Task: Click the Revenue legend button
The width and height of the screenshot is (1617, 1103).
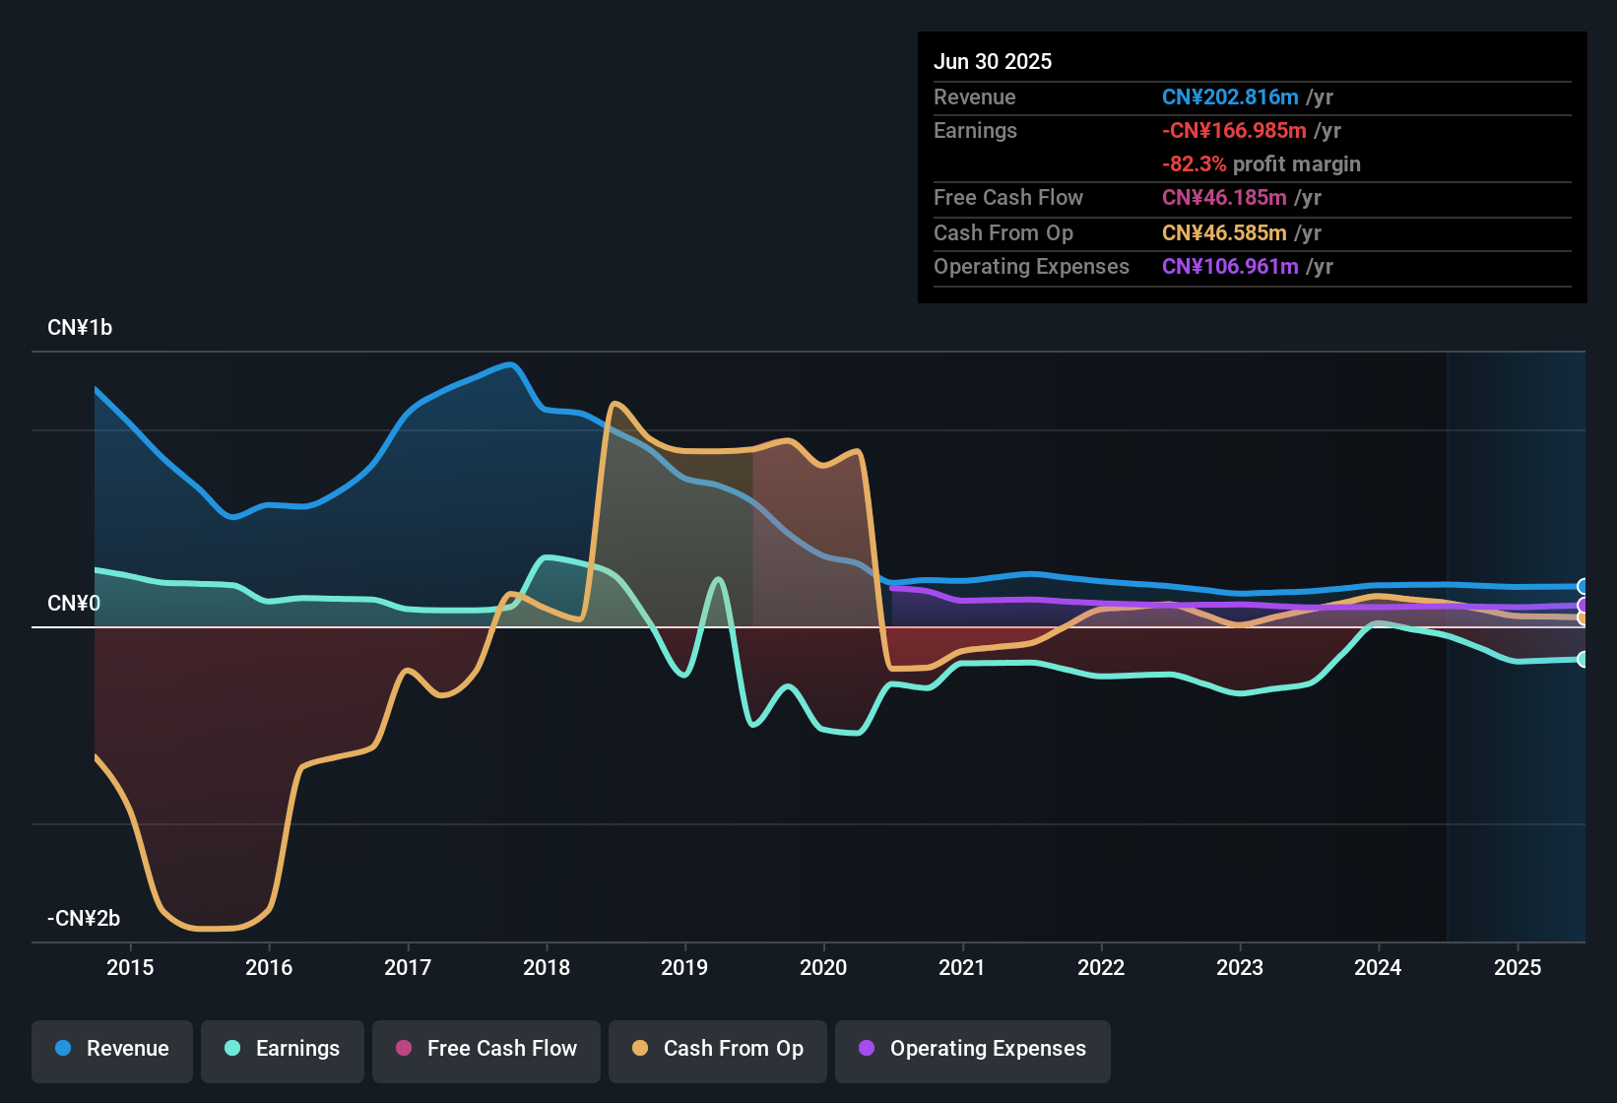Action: pyautogui.click(x=112, y=1049)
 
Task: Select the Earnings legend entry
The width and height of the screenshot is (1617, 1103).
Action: pyautogui.click(x=283, y=1049)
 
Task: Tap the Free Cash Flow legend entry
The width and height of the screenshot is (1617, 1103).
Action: pyautogui.click(x=486, y=1049)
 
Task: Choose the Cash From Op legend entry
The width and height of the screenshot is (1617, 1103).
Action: pyautogui.click(x=718, y=1049)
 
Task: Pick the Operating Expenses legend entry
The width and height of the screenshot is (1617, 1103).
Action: pyautogui.click(x=973, y=1049)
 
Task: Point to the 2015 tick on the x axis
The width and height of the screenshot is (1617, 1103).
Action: pyautogui.click(x=130, y=967)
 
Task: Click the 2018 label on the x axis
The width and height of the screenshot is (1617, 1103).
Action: pyautogui.click(x=547, y=967)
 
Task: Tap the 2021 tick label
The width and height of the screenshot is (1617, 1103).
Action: pyautogui.click(x=962, y=967)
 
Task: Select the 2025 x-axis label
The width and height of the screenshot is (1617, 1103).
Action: pyautogui.click(x=1518, y=967)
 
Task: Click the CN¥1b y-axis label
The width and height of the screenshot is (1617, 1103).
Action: pyautogui.click(x=80, y=328)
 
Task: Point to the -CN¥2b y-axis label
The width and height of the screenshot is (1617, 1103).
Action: pyautogui.click(x=84, y=919)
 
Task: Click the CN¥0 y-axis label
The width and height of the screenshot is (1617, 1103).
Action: pyautogui.click(x=74, y=604)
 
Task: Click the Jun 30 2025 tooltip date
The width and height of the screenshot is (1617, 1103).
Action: pyautogui.click(x=993, y=61)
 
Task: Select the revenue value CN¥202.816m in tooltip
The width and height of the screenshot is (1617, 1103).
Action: pyautogui.click(x=1230, y=97)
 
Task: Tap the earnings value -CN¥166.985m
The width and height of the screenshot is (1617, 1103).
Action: pyautogui.click(x=1234, y=130)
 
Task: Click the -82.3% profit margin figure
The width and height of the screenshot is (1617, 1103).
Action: pyautogui.click(x=1194, y=163)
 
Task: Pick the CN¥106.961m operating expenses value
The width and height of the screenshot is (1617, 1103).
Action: pyautogui.click(x=1230, y=266)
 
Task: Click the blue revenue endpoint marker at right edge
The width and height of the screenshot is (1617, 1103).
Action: pyautogui.click(x=1583, y=586)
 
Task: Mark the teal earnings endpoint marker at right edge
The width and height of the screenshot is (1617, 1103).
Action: pyautogui.click(x=1583, y=659)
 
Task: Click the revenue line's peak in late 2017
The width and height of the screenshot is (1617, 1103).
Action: pyautogui.click(x=509, y=364)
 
